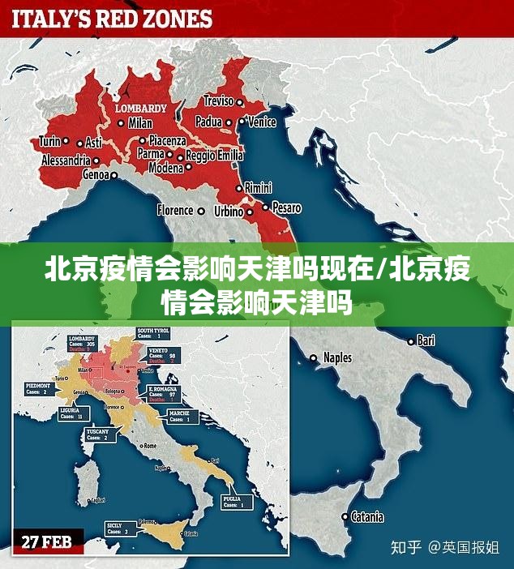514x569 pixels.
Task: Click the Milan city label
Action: click(x=140, y=123)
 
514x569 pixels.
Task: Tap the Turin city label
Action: click(x=49, y=141)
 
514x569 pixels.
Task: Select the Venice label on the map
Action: click(x=262, y=122)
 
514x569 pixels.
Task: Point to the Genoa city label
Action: click(x=95, y=173)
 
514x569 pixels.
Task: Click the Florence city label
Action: click(x=175, y=210)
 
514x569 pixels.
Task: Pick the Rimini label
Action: click(x=259, y=186)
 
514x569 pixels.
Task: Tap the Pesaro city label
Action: click(x=286, y=207)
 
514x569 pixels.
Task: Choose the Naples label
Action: click(x=337, y=357)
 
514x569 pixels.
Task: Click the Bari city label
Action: click(x=426, y=340)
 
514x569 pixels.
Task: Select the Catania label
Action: click(x=367, y=516)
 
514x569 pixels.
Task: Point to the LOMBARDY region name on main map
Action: click(x=140, y=107)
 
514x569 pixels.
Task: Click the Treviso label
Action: click(x=217, y=101)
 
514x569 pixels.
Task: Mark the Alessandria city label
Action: click(x=66, y=160)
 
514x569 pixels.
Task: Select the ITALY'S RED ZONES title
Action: click(x=112, y=19)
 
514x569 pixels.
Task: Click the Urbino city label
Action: click(x=229, y=212)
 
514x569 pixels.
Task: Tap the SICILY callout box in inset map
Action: click(x=118, y=529)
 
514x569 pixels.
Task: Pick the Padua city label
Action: click(x=208, y=122)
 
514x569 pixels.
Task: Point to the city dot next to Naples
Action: click(x=314, y=357)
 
